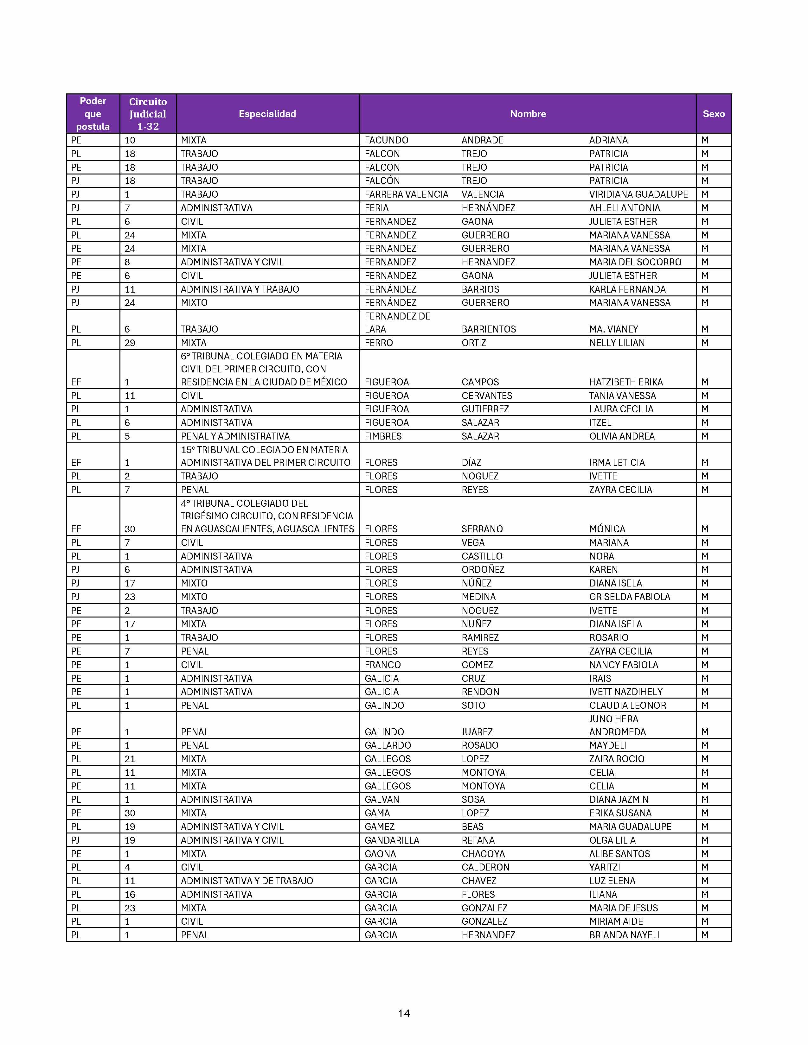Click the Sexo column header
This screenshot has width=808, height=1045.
713,114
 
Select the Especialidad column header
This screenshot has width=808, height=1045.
267,114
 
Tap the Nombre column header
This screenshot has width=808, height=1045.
528,114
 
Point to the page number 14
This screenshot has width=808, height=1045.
403,1013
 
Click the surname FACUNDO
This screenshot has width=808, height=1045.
386,140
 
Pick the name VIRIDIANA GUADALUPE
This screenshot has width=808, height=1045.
638,194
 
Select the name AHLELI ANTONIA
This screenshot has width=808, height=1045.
624,208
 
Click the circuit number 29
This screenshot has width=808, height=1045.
130,343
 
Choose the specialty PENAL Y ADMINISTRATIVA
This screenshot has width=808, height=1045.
235,436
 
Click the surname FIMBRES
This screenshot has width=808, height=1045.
383,436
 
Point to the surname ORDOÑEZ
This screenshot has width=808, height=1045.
483,569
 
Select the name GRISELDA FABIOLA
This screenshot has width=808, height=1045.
630,597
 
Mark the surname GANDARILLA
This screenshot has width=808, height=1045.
392,840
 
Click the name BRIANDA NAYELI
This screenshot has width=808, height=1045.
624,935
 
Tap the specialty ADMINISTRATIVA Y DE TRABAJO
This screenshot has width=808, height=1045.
247,881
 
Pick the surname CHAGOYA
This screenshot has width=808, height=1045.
483,854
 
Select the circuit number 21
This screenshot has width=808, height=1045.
130,759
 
